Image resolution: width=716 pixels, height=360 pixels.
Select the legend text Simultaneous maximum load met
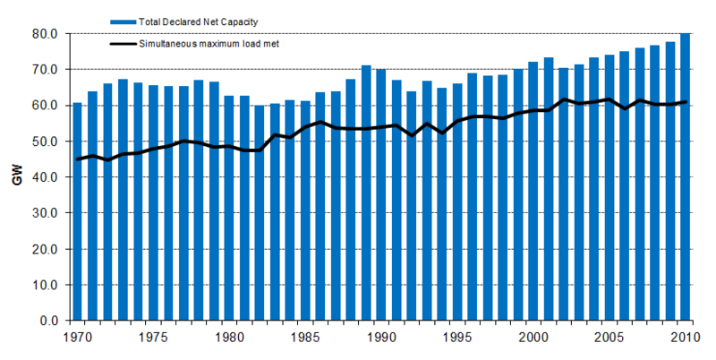pos(205,43)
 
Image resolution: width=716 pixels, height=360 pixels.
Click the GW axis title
pos(16,177)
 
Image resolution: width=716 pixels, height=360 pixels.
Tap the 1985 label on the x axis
pos(305,339)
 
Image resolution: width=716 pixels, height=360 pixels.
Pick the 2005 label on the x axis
pos(609,339)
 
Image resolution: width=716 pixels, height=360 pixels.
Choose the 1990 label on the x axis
pos(381,339)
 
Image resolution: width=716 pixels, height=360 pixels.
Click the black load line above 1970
pos(77,159)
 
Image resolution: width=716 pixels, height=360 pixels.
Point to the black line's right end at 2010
pos(685,102)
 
